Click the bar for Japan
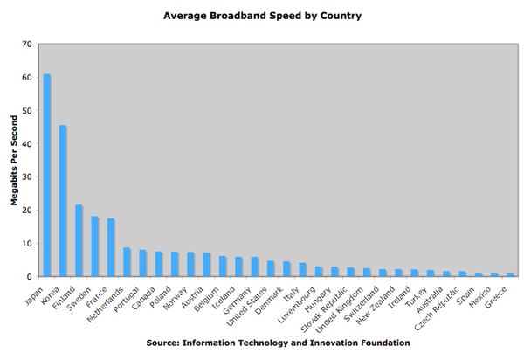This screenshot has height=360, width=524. pos(47,175)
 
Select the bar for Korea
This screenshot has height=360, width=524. pos(63,201)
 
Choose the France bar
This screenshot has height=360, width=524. pos(110,247)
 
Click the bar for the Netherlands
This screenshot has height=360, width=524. pos(127,262)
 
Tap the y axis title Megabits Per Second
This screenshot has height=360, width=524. pos(15,160)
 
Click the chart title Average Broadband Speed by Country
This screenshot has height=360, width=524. pos(262,16)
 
